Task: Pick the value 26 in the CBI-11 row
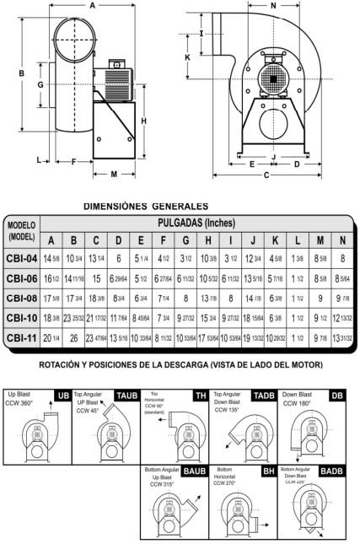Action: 74,338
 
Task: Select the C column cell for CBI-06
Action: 96,278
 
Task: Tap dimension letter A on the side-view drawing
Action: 91,5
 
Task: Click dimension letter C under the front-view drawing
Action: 266,175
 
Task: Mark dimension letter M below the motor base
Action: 115,174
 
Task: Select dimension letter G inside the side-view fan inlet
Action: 40,85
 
